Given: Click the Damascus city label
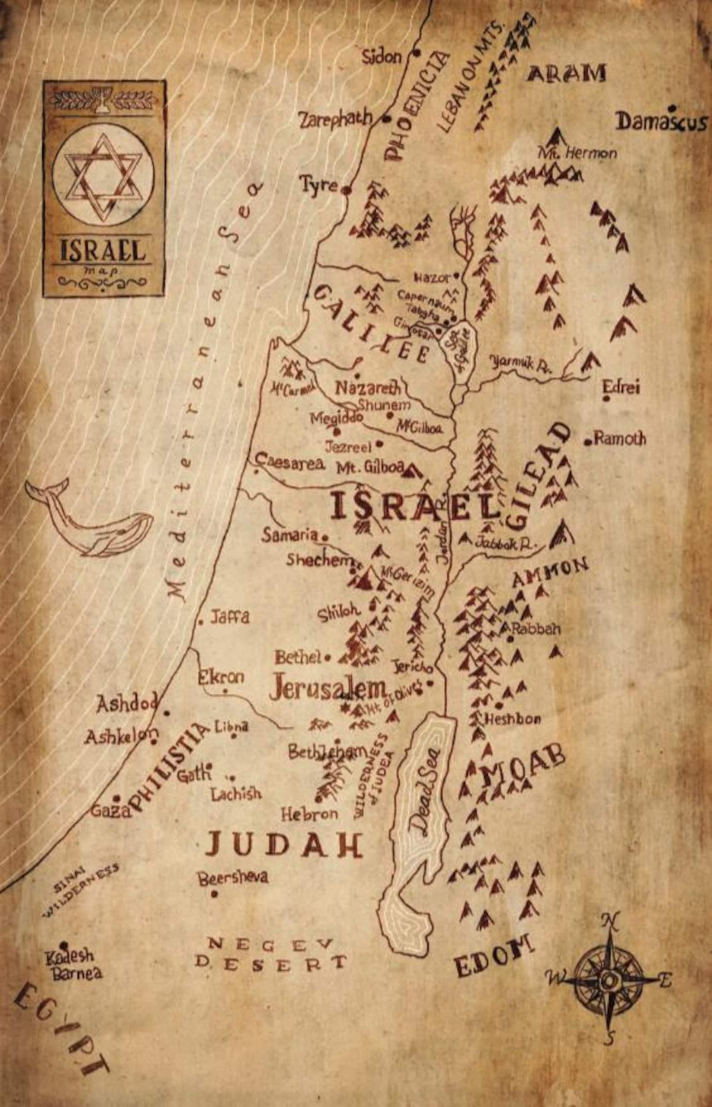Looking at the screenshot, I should click(x=662, y=122).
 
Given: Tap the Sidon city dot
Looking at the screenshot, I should click(x=417, y=53).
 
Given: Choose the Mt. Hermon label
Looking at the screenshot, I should click(x=577, y=152).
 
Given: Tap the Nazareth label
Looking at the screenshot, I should click(x=368, y=388).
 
